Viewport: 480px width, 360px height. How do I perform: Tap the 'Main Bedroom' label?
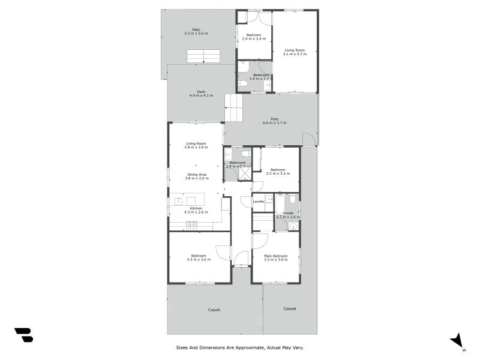coord(276,258)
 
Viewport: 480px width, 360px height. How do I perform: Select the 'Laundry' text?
coord(259,202)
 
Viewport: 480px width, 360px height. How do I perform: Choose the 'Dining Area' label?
coord(196,176)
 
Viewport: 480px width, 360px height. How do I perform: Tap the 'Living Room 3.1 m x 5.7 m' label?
coord(295,52)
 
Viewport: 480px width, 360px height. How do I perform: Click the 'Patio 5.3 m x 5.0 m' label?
coord(196,31)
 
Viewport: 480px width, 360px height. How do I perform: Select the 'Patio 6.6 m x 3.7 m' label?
coord(274,121)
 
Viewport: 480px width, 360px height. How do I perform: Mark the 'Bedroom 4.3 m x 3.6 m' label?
coord(198,257)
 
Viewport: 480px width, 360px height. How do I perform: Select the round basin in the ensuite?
coord(293,226)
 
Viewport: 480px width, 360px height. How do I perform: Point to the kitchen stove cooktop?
coord(191,224)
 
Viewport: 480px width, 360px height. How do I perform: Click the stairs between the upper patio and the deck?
coord(203,56)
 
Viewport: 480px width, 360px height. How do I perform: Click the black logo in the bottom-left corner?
coord(23,335)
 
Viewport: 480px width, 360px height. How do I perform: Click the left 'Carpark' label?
coord(214,310)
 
